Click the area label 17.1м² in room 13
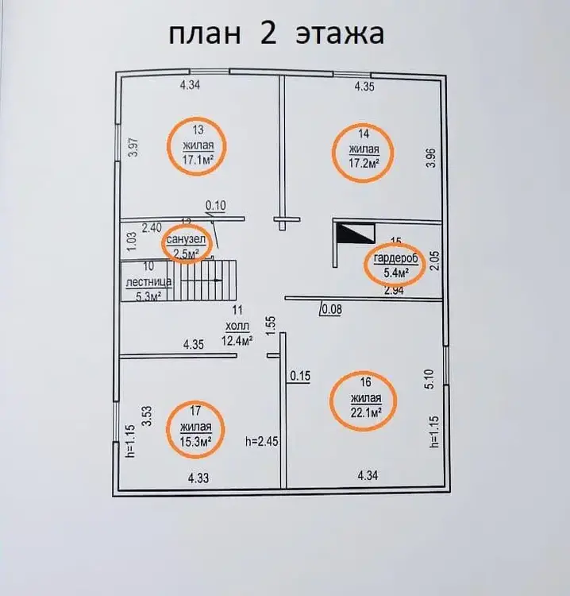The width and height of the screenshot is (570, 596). [197, 160]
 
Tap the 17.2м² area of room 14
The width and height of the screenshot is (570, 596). [364, 163]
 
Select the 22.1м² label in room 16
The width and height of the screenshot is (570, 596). [366, 412]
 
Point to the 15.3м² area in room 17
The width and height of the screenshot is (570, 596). [195, 441]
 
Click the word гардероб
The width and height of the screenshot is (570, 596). [395, 258]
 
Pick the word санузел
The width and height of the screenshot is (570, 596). [186, 239]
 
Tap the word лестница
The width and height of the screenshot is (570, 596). [148, 282]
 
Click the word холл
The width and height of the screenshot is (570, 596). [237, 326]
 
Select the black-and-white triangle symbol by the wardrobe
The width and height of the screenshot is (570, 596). [356, 234]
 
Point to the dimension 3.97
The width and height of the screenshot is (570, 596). [133, 148]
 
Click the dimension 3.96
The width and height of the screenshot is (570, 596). [431, 158]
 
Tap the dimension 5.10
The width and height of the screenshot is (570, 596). [429, 379]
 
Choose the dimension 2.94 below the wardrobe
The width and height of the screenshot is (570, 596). [394, 290]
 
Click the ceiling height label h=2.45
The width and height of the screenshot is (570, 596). [262, 441]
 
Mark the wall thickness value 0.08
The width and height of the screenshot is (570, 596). [332, 309]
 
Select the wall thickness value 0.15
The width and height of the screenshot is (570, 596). [300, 376]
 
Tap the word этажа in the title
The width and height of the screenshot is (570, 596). [340, 34]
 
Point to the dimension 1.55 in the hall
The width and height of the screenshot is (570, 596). [270, 326]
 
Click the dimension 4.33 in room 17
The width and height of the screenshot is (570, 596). [198, 478]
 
